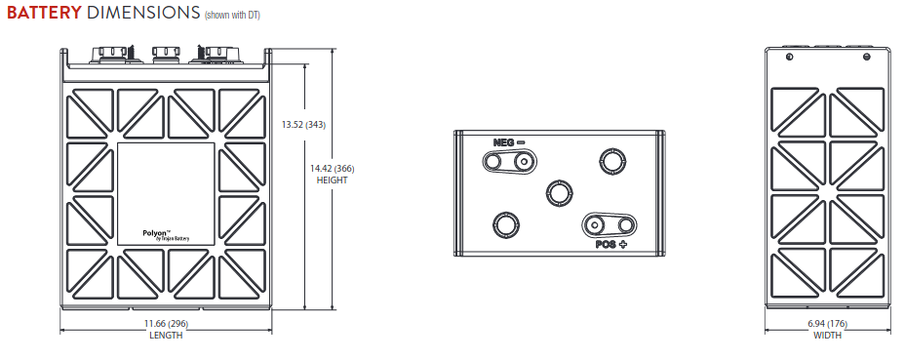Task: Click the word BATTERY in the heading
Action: [x=45, y=13]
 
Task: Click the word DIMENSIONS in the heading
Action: [x=143, y=13]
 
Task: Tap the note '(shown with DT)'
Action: [x=232, y=15]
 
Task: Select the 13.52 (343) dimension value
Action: [x=303, y=124]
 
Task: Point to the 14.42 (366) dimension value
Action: [x=332, y=169]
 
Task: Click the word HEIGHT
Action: [x=332, y=180]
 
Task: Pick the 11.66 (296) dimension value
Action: [x=166, y=324]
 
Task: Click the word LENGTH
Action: [x=166, y=336]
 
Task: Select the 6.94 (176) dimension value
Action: [x=828, y=324]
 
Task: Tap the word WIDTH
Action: [x=828, y=336]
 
